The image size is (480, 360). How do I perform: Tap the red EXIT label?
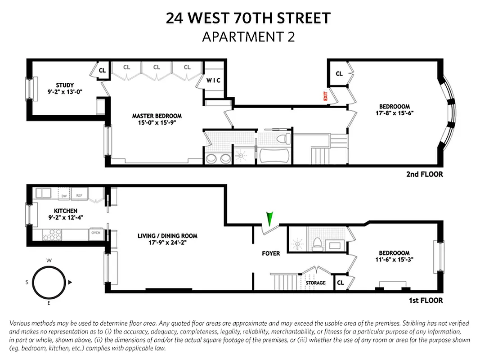coord(323,96)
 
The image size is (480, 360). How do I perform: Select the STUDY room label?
coord(65,85)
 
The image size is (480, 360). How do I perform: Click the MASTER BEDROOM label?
coord(157,116)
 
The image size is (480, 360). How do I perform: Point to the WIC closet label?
coord(214,81)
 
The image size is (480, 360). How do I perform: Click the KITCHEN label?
coord(66,211)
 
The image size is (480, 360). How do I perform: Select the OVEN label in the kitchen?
coord(96,233)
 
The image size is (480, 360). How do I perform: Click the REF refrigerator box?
coord(79,195)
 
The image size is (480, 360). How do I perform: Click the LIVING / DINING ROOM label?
coord(167,236)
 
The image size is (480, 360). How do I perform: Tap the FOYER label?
coord(271,253)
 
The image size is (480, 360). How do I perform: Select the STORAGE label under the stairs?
coord(315,283)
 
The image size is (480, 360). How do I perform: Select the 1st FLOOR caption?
coord(426,300)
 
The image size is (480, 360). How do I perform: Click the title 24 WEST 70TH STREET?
coord(248,18)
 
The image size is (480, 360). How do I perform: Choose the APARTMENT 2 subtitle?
coord(248,37)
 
